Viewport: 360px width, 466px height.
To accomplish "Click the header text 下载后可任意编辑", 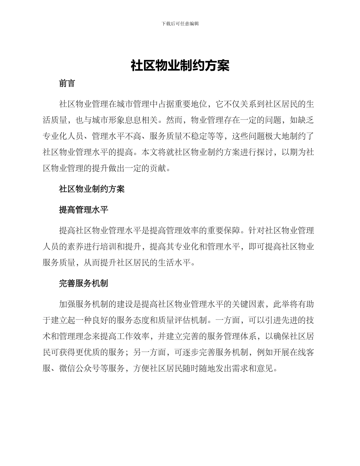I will coord(180,23).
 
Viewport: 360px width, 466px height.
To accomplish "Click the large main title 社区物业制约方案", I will coord(180,66).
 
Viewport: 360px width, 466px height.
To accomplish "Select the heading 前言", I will coord(67,84).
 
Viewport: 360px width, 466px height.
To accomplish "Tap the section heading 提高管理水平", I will coord(83,210).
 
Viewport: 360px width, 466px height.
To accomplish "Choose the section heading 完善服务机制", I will coord(83,283).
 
